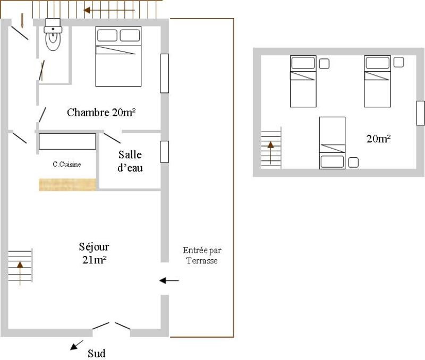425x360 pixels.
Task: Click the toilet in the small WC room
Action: (x=53, y=35)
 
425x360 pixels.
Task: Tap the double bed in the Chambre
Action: (x=118, y=56)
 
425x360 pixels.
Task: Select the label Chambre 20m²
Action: (x=101, y=113)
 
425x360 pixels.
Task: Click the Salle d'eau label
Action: (x=130, y=161)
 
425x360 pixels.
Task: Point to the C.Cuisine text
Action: (x=67, y=164)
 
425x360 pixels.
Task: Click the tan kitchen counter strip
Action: (x=67, y=185)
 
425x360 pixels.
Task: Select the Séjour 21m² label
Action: (x=94, y=253)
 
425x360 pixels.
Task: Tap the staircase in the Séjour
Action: (x=20, y=265)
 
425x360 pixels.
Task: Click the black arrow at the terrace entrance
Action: (x=169, y=281)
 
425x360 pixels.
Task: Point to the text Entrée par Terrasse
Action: (x=202, y=255)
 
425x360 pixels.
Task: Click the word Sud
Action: (x=97, y=354)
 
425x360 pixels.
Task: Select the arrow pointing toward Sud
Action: (x=76, y=345)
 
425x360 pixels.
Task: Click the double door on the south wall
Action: (x=112, y=326)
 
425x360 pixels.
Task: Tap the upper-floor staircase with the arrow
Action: (x=271, y=148)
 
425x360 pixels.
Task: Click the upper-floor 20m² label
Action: (x=378, y=139)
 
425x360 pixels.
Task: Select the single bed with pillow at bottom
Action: (x=333, y=143)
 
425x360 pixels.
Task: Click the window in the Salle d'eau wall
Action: (x=165, y=152)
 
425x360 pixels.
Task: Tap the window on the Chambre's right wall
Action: (x=165, y=73)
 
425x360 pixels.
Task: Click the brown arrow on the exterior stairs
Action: (x=109, y=10)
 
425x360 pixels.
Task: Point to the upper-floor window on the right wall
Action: (x=420, y=113)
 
